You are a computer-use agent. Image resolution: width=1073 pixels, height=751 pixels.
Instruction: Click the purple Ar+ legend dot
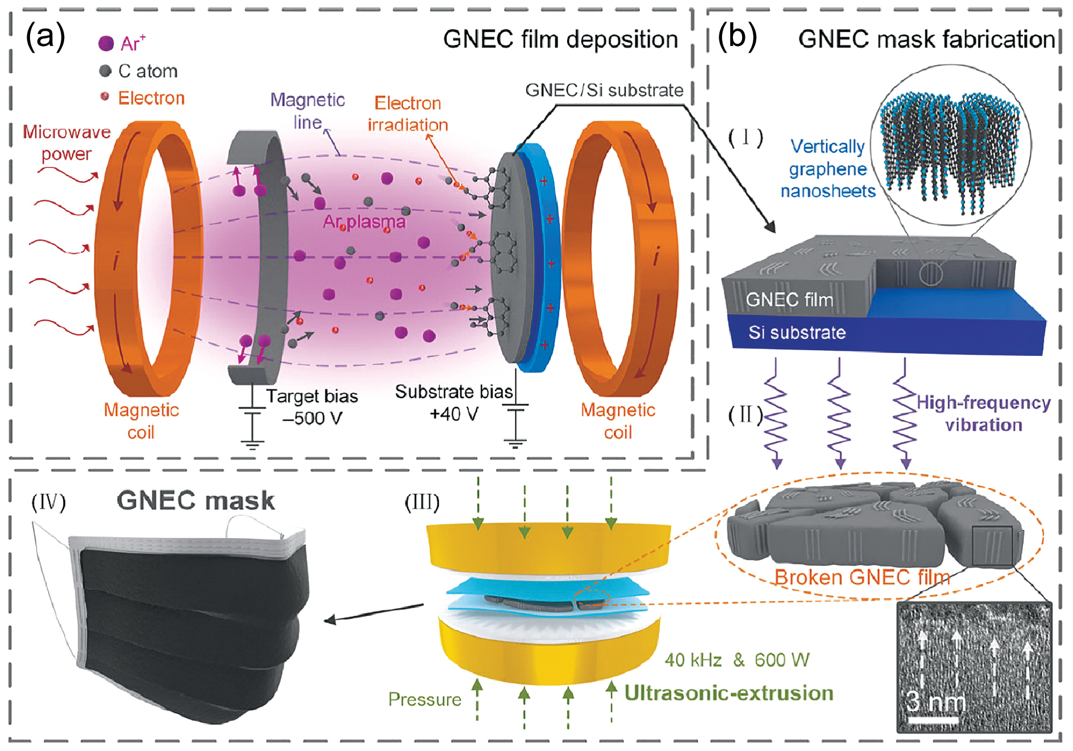(x=106, y=43)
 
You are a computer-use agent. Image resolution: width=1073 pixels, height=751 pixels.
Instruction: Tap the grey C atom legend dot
(x=105, y=71)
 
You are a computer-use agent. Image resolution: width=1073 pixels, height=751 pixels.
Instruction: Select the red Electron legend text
(x=152, y=98)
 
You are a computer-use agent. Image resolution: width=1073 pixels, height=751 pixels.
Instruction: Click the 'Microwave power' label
(x=66, y=142)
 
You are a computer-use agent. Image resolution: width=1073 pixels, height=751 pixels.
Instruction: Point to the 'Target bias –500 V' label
(x=312, y=407)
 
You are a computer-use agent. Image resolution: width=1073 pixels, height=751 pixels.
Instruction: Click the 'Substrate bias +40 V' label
(x=454, y=403)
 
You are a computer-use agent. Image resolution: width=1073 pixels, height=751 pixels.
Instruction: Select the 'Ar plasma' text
(x=364, y=221)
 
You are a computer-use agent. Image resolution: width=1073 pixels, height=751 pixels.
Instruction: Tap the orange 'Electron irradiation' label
(x=408, y=114)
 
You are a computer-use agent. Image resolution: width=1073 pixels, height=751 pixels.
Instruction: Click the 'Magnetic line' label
(x=308, y=111)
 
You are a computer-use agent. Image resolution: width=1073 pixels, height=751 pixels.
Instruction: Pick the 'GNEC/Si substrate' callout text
(x=604, y=90)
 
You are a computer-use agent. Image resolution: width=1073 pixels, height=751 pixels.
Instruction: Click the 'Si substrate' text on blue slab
(x=797, y=332)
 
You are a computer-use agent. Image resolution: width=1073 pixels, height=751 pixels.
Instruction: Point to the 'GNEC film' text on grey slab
(x=789, y=299)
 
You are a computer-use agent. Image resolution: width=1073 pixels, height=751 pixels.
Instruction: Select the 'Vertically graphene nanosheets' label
(x=828, y=169)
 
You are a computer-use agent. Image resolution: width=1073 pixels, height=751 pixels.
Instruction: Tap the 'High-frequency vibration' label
(x=984, y=413)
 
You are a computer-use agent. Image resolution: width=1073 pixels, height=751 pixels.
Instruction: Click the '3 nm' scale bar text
(x=935, y=702)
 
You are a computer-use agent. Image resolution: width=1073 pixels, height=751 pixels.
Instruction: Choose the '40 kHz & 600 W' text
(x=737, y=660)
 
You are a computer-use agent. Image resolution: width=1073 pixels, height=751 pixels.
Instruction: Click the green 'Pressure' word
(x=425, y=699)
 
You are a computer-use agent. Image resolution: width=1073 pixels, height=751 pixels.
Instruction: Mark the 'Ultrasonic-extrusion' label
(x=729, y=693)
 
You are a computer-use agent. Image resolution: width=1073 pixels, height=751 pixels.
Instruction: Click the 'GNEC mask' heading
(x=196, y=501)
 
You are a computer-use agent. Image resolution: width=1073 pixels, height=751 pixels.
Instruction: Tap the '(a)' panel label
(x=45, y=37)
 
